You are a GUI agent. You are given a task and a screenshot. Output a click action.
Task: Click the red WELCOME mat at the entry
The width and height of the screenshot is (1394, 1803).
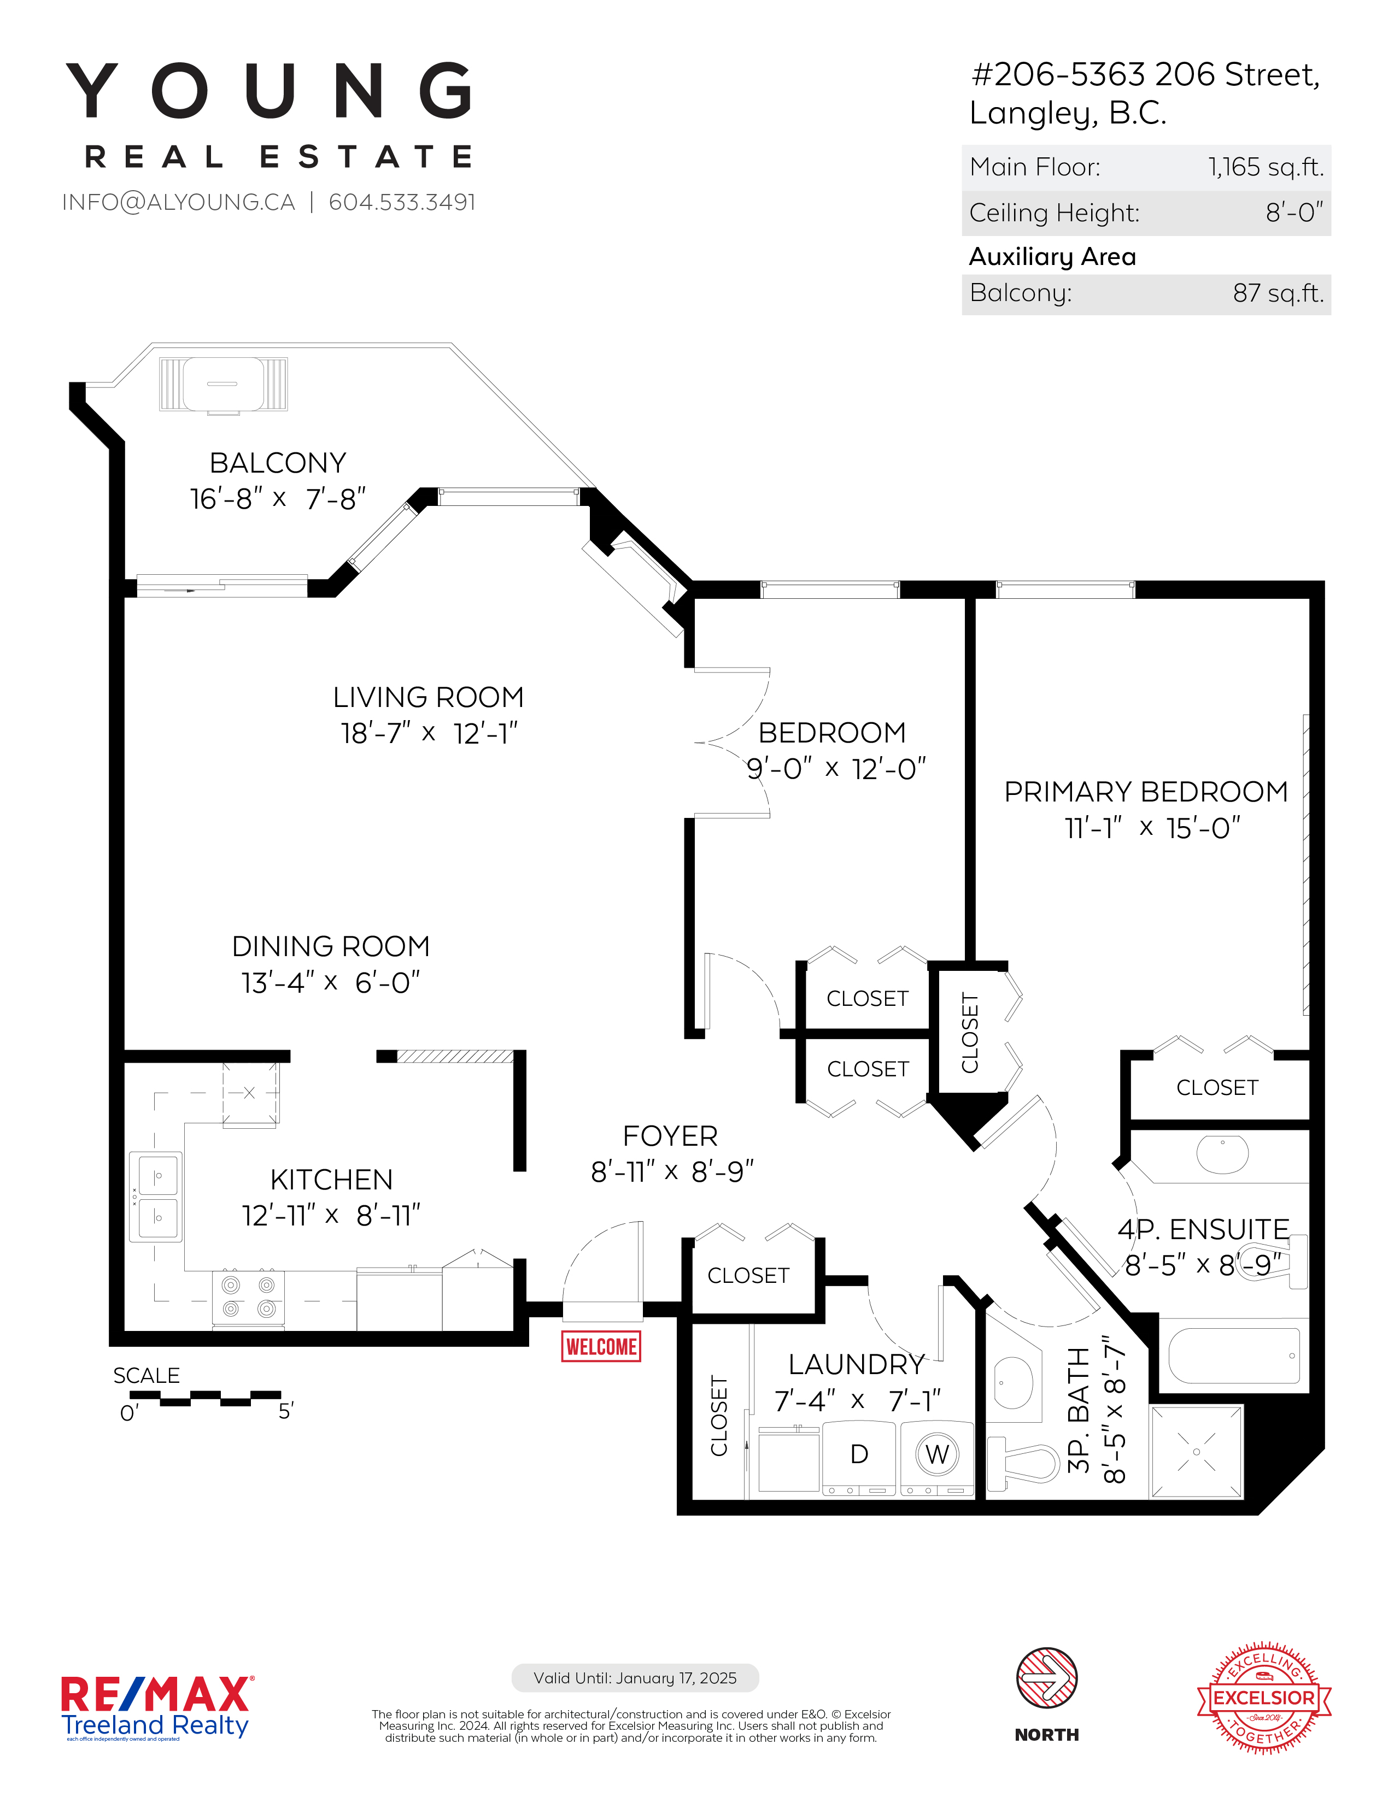pyautogui.click(x=601, y=1346)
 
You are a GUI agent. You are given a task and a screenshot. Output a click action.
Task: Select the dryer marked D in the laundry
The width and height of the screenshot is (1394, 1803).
pyautogui.click(x=859, y=1458)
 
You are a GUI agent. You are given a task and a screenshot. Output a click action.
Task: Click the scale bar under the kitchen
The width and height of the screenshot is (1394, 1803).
pyautogui.click(x=206, y=1398)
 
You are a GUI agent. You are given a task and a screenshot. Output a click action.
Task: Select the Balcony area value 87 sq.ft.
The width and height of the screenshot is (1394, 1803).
pyautogui.click(x=1279, y=293)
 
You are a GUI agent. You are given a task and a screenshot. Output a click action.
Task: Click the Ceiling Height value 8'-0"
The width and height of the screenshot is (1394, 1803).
pyautogui.click(x=1294, y=213)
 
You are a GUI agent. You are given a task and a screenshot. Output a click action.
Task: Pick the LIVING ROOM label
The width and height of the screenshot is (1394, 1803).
pyautogui.click(x=429, y=698)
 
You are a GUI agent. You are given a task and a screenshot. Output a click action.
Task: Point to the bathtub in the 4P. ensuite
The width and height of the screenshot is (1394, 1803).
pyautogui.click(x=1234, y=1355)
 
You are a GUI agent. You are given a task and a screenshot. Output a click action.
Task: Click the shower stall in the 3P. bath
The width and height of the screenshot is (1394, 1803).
pyautogui.click(x=1197, y=1451)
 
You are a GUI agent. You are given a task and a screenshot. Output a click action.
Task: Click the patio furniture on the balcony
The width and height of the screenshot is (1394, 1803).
pyautogui.click(x=223, y=385)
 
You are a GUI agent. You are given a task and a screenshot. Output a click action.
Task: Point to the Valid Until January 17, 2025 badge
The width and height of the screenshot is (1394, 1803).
pyautogui.click(x=635, y=1677)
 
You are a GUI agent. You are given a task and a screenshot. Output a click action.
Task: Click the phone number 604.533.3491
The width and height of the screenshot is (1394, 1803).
pyautogui.click(x=402, y=202)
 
